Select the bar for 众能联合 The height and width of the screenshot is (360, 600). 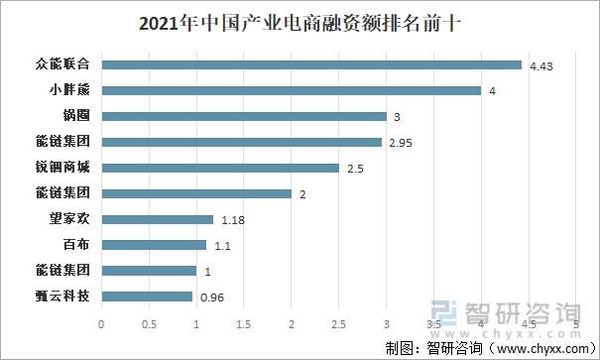pyautogui.click(x=311, y=65)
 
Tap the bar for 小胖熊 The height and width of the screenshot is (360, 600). pyautogui.click(x=292, y=91)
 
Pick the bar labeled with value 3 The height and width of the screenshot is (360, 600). pyautogui.click(x=244, y=116)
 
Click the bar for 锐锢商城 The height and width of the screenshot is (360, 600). pyautogui.click(x=220, y=168)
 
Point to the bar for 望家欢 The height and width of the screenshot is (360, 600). pyautogui.click(x=158, y=219)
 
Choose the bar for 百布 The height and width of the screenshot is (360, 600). pyautogui.click(x=154, y=245)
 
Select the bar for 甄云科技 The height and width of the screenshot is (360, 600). pyautogui.click(x=147, y=296)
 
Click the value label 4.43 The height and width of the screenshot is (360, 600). pyautogui.click(x=540, y=66)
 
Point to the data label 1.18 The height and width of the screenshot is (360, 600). pyautogui.click(x=233, y=220)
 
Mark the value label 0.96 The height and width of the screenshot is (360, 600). pyautogui.click(x=212, y=297)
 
